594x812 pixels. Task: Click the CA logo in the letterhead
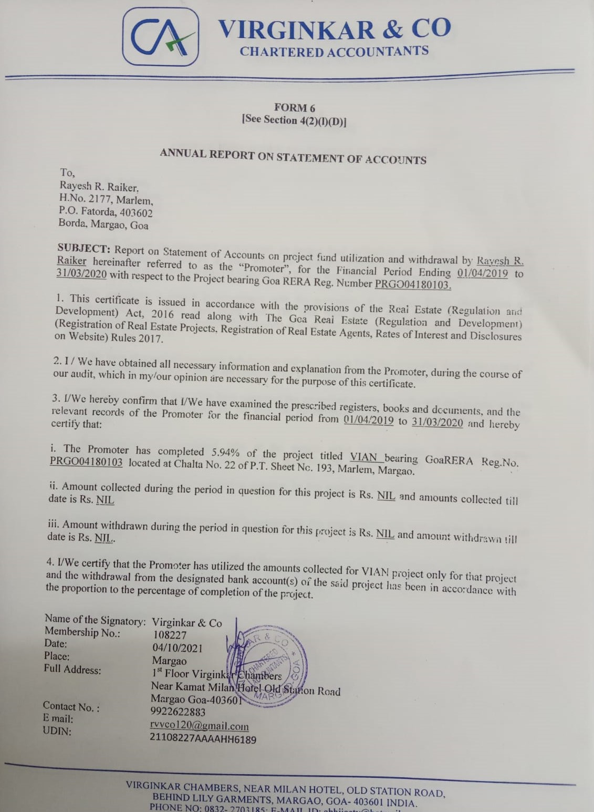(x=161, y=37)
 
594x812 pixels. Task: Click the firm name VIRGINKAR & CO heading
(x=335, y=29)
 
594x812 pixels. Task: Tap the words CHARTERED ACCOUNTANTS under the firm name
(x=334, y=52)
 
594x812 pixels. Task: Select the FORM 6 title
(x=294, y=108)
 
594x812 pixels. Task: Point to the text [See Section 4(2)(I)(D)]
(x=294, y=120)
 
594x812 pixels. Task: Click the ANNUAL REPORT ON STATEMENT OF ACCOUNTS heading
(x=293, y=156)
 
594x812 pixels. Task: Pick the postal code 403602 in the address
(x=136, y=213)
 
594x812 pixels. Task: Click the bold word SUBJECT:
(x=84, y=248)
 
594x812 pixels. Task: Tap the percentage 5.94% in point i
(x=225, y=452)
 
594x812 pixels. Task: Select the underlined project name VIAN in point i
(x=363, y=456)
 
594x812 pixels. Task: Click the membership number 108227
(x=169, y=635)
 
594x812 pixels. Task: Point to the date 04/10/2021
(x=177, y=648)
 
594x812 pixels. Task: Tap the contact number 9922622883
(x=178, y=712)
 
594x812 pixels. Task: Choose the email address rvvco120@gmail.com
(x=199, y=725)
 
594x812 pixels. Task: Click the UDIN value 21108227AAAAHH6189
(x=203, y=739)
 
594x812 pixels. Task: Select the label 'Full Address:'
(x=72, y=670)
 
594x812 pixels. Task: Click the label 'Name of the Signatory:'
(x=95, y=620)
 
